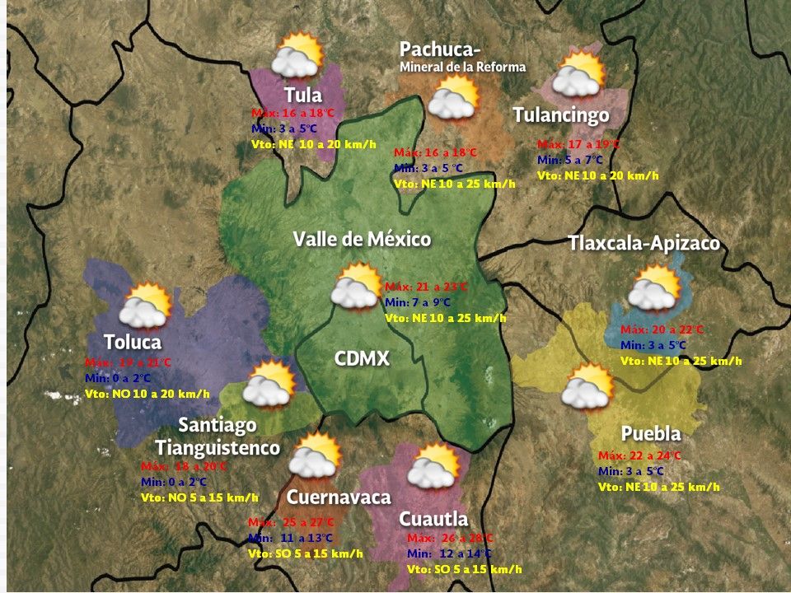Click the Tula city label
click(x=302, y=95)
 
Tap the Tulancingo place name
click(x=560, y=114)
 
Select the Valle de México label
click(x=362, y=240)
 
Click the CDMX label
click(x=362, y=359)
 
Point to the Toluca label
click(x=133, y=342)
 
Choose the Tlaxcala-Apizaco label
click(x=644, y=244)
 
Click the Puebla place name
click(x=651, y=434)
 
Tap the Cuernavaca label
click(x=338, y=497)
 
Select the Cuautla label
click(x=433, y=519)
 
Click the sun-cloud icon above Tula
click(x=297, y=57)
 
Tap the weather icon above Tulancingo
click(x=578, y=75)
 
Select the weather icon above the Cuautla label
click(x=433, y=467)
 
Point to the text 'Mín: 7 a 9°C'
click(x=420, y=302)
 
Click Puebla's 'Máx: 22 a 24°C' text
click(x=639, y=455)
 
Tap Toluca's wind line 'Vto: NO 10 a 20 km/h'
click(x=147, y=395)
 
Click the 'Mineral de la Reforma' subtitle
click(x=462, y=68)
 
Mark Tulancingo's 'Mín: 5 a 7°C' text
click(x=570, y=160)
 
